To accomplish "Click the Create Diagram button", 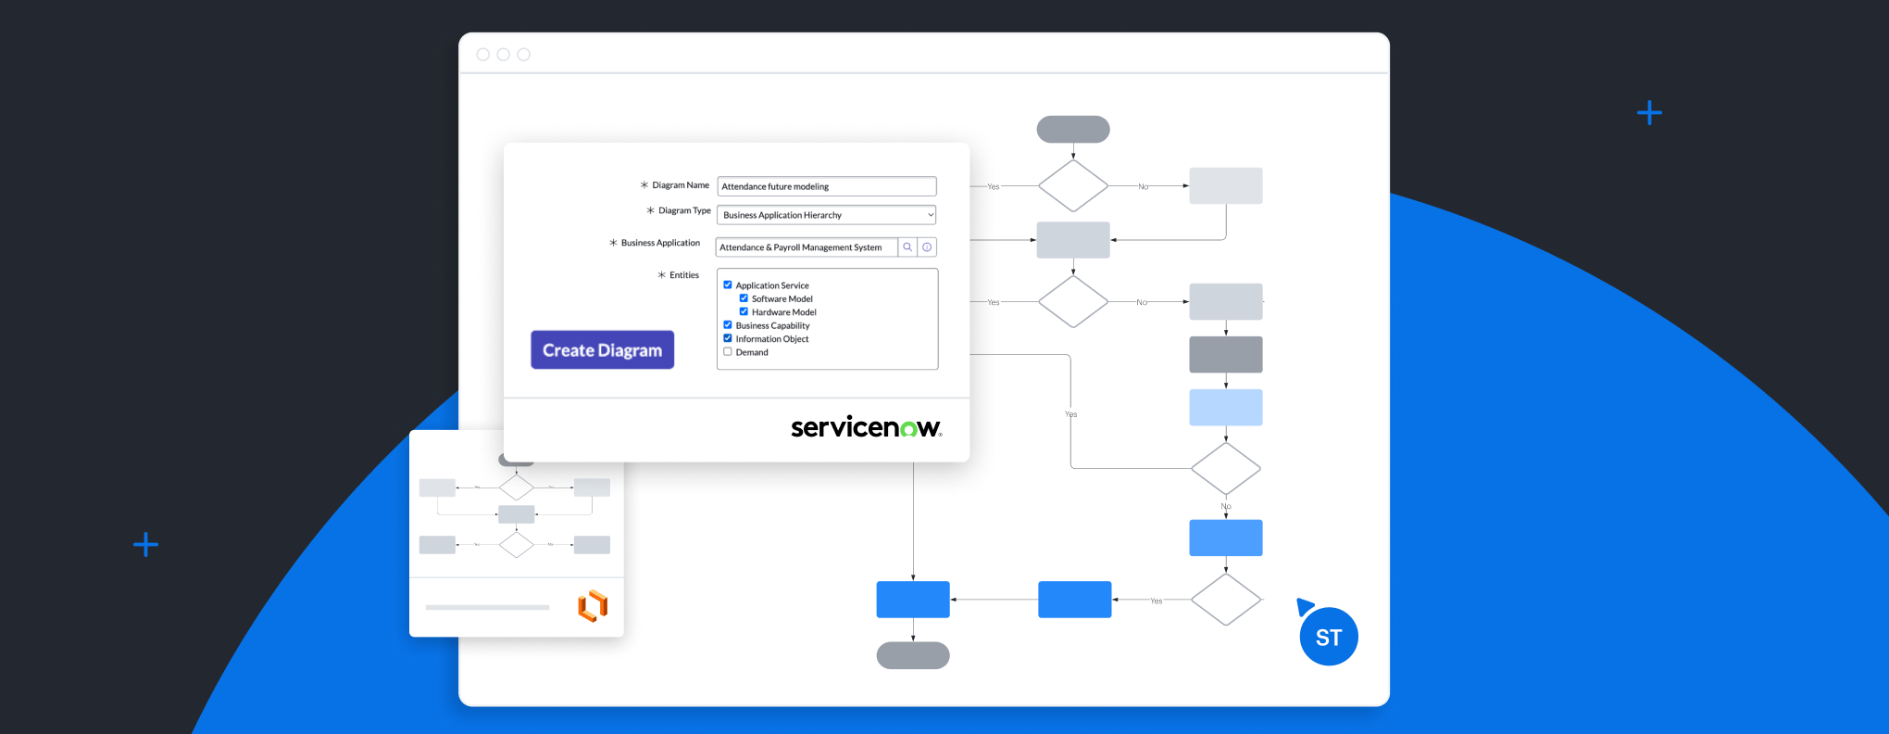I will pyautogui.click(x=602, y=350).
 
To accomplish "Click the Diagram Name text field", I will pyautogui.click(x=826, y=186).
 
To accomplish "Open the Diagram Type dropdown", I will pyautogui.click(x=826, y=215).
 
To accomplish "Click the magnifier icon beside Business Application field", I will pyautogui.click(x=907, y=247).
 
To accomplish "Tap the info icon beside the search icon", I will pyautogui.click(x=927, y=247).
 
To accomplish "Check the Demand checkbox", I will pyautogui.click(x=728, y=352).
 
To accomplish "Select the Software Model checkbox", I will pyautogui.click(x=744, y=298).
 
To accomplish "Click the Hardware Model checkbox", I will pyautogui.click(x=744, y=312).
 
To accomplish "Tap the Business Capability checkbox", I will pyautogui.click(x=728, y=325).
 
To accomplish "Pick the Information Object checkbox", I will pyautogui.click(x=728, y=338).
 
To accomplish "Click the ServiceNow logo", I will pyautogui.click(x=866, y=427).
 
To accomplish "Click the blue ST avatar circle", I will pyautogui.click(x=1329, y=637).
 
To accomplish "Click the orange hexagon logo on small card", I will pyautogui.click(x=593, y=606).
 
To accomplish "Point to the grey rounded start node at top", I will pyautogui.click(x=1073, y=130).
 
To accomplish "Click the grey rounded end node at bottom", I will pyautogui.click(x=913, y=655).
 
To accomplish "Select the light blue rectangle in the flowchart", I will pyautogui.click(x=1225, y=408).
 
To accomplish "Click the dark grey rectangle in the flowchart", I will pyautogui.click(x=1225, y=355).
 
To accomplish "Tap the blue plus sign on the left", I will pyautogui.click(x=145, y=544).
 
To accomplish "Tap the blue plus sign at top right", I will pyautogui.click(x=1649, y=113).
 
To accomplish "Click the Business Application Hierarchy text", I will pyautogui.click(x=782, y=215).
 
